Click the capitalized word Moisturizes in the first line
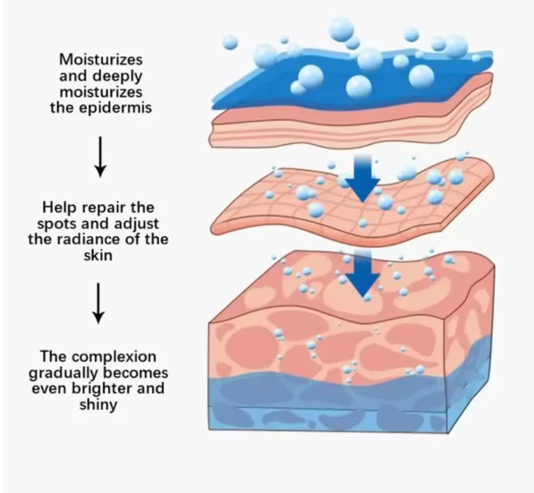(x=101, y=60)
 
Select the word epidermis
(x=115, y=108)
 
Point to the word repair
(x=104, y=208)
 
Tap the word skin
(x=98, y=255)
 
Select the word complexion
(x=114, y=358)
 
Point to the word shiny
(x=98, y=405)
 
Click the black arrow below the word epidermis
(x=100, y=157)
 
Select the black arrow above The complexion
(x=98, y=303)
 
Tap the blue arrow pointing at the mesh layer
(x=362, y=178)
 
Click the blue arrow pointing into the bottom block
(x=362, y=274)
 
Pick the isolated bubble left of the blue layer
(x=231, y=41)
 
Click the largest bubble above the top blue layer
(x=342, y=30)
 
